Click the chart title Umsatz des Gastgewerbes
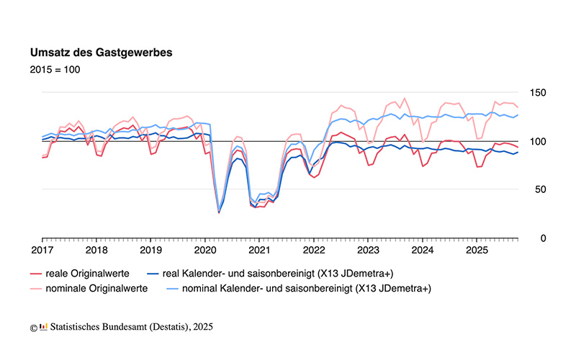(100, 53)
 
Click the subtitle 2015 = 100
(55, 70)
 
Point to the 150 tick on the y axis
(538, 93)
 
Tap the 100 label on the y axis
(538, 141)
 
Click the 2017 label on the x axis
(42, 251)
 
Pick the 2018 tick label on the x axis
(96, 251)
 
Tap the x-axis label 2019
(150, 251)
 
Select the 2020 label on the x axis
(204, 251)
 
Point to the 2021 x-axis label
(259, 251)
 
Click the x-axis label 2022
(314, 251)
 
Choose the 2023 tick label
(368, 251)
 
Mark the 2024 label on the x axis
(422, 251)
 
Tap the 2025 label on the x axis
(477, 251)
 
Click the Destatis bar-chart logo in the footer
(44, 327)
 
